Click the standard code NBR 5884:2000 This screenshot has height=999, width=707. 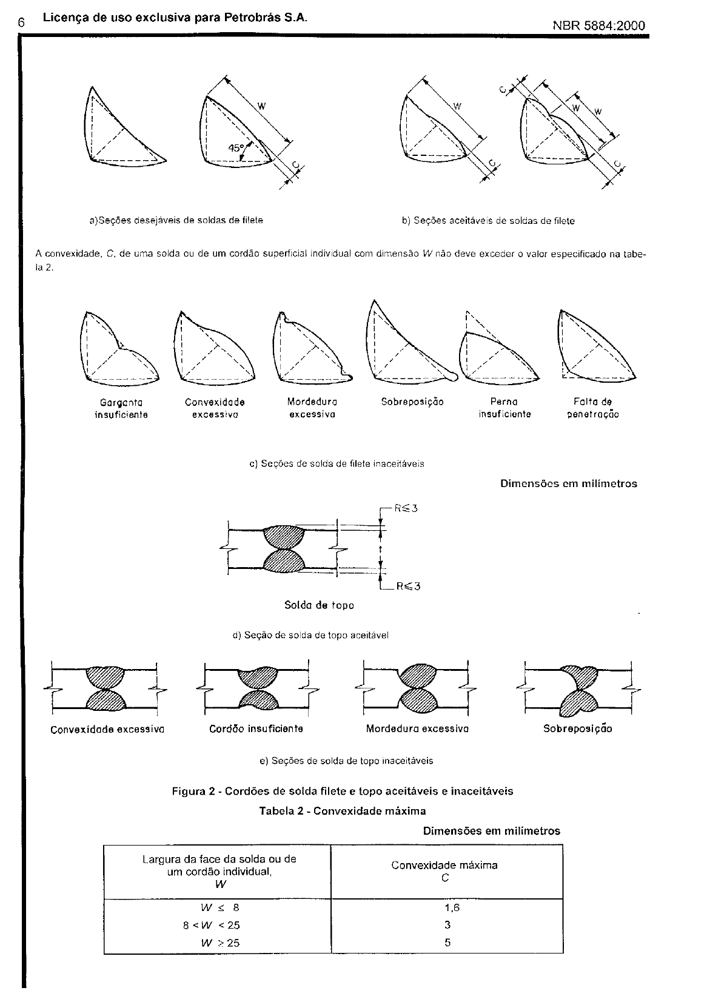point(598,25)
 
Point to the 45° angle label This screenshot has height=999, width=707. point(236,147)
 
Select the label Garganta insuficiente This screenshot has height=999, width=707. point(121,408)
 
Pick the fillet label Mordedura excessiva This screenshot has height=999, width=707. point(312,408)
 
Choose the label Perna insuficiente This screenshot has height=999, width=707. point(504,408)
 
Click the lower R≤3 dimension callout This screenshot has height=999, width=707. point(408,586)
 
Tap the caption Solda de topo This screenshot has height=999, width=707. point(319,605)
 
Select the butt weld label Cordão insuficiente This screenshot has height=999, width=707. point(256,728)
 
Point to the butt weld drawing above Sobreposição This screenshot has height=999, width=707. point(578,690)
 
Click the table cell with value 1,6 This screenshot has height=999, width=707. point(447,907)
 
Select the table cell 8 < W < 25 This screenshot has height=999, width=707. point(212,925)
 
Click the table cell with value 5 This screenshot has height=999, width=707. point(447,943)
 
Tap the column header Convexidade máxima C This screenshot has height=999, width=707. point(444,871)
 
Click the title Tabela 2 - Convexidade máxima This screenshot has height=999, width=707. point(343,811)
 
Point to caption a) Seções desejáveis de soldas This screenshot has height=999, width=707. point(176,221)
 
